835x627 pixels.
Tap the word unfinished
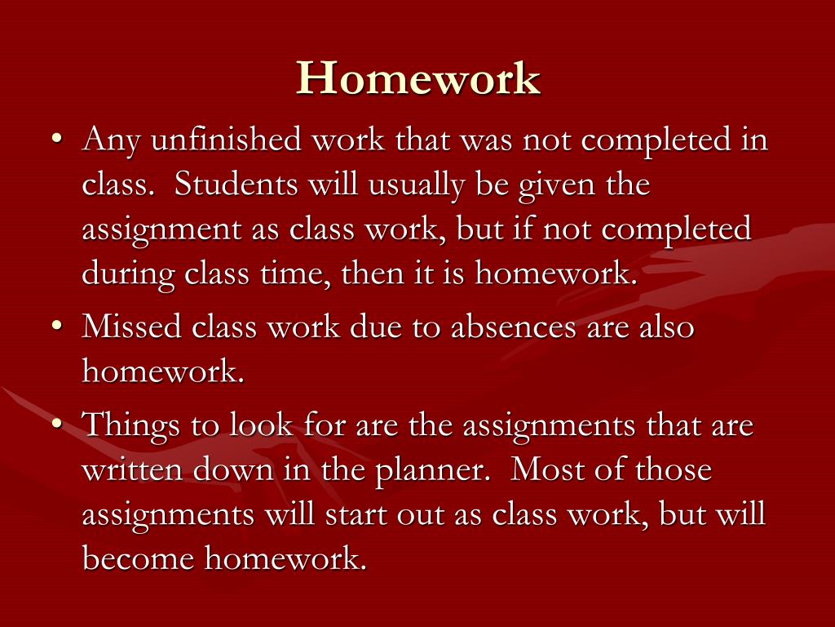click(226, 140)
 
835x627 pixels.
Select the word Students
click(236, 185)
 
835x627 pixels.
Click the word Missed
click(131, 326)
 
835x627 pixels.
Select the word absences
click(514, 326)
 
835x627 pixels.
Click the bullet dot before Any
click(58, 139)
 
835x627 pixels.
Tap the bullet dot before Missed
click(58, 325)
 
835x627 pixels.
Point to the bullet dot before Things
click(58, 424)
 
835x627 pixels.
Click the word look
click(261, 425)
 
